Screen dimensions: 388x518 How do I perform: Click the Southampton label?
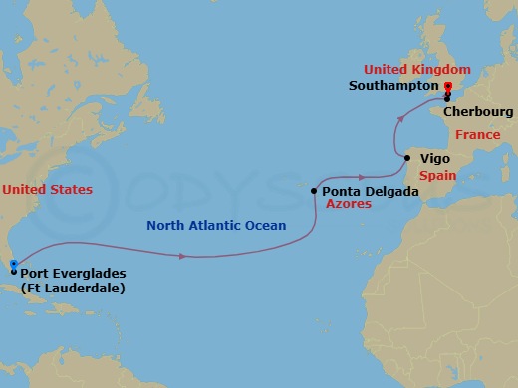393,86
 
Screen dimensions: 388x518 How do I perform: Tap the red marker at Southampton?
448,86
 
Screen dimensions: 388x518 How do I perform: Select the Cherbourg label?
479,112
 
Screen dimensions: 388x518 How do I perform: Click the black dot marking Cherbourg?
448,98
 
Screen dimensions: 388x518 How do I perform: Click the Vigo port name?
435,158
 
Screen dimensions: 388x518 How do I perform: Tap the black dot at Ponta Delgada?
314,190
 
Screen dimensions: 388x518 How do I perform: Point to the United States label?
48,189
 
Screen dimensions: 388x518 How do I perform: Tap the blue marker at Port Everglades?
13,264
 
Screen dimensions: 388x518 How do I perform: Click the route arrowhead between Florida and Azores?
182,256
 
